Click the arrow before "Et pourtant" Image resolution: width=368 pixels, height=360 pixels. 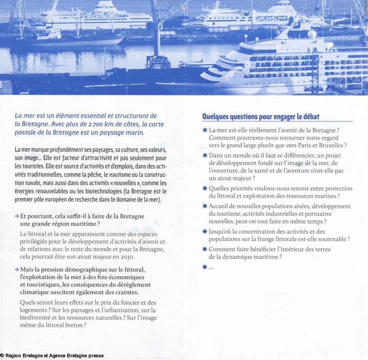(x=17, y=216)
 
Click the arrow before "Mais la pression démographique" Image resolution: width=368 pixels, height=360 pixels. (x=17, y=270)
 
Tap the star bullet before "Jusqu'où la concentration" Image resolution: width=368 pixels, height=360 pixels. (x=204, y=231)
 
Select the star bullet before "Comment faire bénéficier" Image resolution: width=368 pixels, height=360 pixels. (x=204, y=249)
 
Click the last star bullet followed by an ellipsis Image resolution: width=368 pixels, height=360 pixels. (x=204, y=266)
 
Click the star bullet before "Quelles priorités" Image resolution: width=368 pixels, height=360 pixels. (x=204, y=189)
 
